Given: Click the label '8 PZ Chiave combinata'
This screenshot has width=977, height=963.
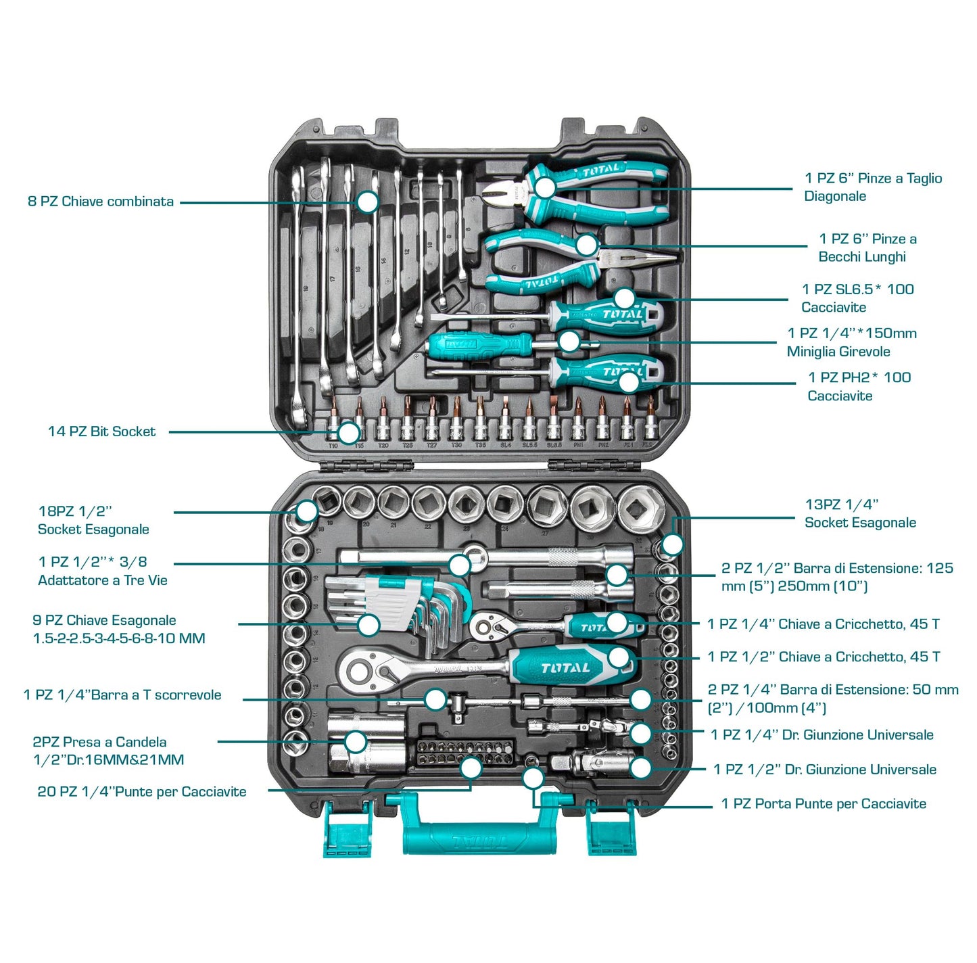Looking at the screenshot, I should [101, 202].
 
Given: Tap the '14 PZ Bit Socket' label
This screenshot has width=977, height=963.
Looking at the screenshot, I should [101, 431].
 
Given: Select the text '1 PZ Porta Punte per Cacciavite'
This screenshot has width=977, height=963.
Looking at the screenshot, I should [823, 804].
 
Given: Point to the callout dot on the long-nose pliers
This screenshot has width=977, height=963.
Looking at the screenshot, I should [586, 245].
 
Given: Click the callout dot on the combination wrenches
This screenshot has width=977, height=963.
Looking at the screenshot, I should [367, 202].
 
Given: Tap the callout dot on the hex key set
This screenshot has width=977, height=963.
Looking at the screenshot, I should [368, 625].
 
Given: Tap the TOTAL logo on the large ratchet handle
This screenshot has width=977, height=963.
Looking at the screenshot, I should [565, 668].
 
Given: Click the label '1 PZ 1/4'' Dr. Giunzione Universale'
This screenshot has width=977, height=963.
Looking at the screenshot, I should [821, 735].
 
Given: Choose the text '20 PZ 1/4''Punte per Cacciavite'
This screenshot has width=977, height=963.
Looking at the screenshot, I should [142, 792].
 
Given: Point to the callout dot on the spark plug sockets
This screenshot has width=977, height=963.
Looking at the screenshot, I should [355, 741].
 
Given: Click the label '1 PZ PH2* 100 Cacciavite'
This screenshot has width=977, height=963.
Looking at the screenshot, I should [859, 387].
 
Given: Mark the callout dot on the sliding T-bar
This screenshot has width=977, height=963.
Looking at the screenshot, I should [436, 699].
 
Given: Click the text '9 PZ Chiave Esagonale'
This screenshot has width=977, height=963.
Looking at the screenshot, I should [104, 620].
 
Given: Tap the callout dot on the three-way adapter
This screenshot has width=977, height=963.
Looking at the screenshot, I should [460, 564].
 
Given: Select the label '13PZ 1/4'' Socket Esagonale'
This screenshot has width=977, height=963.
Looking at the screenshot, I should [860, 513].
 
